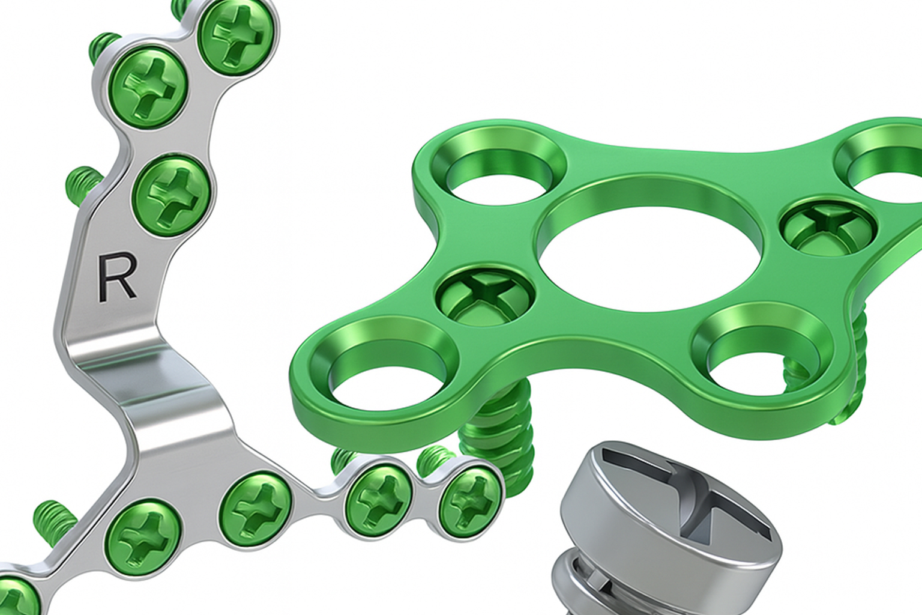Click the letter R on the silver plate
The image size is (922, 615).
point(117,276)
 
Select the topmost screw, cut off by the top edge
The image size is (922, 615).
point(239,36)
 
